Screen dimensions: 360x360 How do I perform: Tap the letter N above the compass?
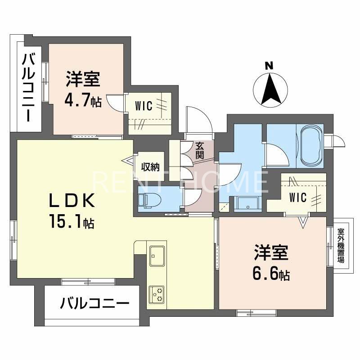pos(269,66)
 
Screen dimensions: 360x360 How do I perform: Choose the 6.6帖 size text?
pos(271,273)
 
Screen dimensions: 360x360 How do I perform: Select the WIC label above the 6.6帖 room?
pos(298,198)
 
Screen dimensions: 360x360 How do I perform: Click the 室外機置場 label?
pos(341,246)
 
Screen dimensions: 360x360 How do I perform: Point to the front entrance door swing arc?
pos(198,119)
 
